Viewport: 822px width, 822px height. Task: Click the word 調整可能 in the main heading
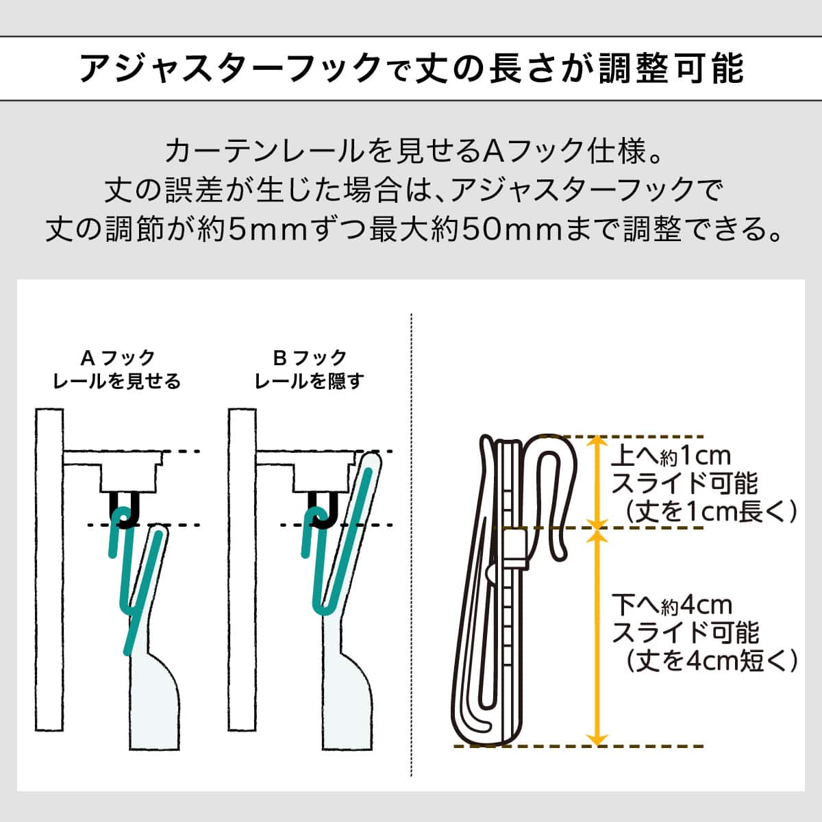(671, 68)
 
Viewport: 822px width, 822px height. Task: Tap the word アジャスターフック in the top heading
(231, 68)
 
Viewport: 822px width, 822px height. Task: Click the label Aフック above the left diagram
(117, 358)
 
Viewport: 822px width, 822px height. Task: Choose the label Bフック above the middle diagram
(310, 358)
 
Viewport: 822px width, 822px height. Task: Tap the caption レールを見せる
(117, 381)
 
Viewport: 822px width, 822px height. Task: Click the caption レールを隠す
(309, 381)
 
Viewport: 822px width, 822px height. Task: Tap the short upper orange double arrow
(597, 482)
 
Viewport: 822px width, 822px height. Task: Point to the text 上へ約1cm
(671, 456)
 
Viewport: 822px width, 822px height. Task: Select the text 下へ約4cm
(672, 605)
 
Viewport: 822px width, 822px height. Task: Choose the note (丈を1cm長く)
(711, 511)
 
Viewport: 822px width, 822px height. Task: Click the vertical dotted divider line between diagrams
(411, 545)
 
